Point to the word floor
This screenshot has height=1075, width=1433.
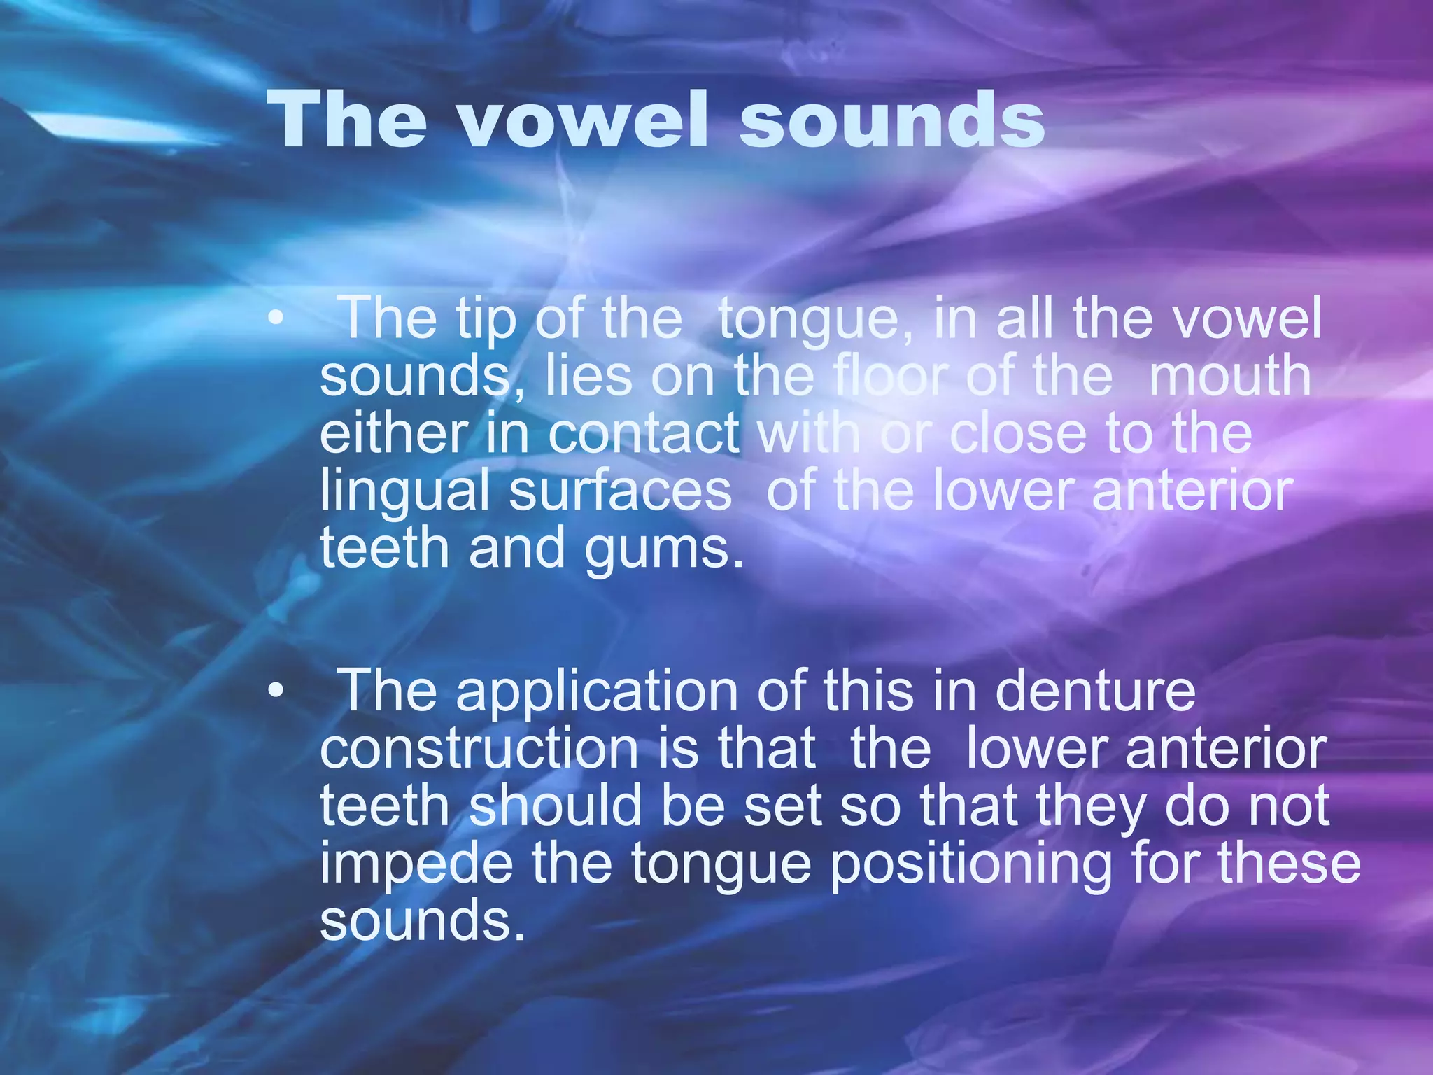890,376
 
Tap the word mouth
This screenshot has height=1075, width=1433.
1229,376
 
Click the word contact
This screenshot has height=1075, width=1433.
643,433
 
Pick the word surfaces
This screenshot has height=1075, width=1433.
620,491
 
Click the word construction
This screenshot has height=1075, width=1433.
479,749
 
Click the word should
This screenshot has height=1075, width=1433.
555,806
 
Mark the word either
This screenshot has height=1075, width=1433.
393,433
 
